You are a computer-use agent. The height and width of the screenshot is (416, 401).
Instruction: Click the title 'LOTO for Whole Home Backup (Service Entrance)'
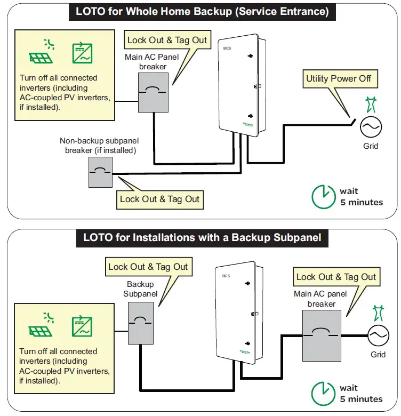coord(202,11)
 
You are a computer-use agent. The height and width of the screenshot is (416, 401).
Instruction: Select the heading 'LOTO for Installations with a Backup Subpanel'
coord(202,237)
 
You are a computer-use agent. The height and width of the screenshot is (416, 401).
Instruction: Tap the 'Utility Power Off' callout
coord(339,79)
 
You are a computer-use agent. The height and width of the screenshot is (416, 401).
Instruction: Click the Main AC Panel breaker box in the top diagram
coord(154,92)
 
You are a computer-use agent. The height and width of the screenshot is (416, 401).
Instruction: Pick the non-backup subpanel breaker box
coord(100,171)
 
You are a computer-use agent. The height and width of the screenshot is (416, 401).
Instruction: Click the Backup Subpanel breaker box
coord(140,323)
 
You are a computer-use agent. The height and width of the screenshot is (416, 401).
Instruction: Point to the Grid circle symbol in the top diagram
coord(371,126)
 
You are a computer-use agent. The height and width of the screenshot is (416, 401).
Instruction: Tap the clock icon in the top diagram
coord(322,196)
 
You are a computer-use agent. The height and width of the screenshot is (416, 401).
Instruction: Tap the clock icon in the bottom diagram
coord(322,393)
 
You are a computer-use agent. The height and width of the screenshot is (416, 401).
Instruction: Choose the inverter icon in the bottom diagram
coord(83,325)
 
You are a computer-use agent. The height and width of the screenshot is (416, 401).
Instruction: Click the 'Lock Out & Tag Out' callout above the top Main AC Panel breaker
coord(167,40)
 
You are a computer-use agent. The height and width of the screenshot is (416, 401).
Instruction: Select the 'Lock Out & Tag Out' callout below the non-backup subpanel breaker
coord(159,199)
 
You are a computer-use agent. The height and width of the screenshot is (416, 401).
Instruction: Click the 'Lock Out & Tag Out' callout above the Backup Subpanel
coord(148,267)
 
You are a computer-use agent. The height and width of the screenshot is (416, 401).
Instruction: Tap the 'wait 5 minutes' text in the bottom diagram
coord(361,393)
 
